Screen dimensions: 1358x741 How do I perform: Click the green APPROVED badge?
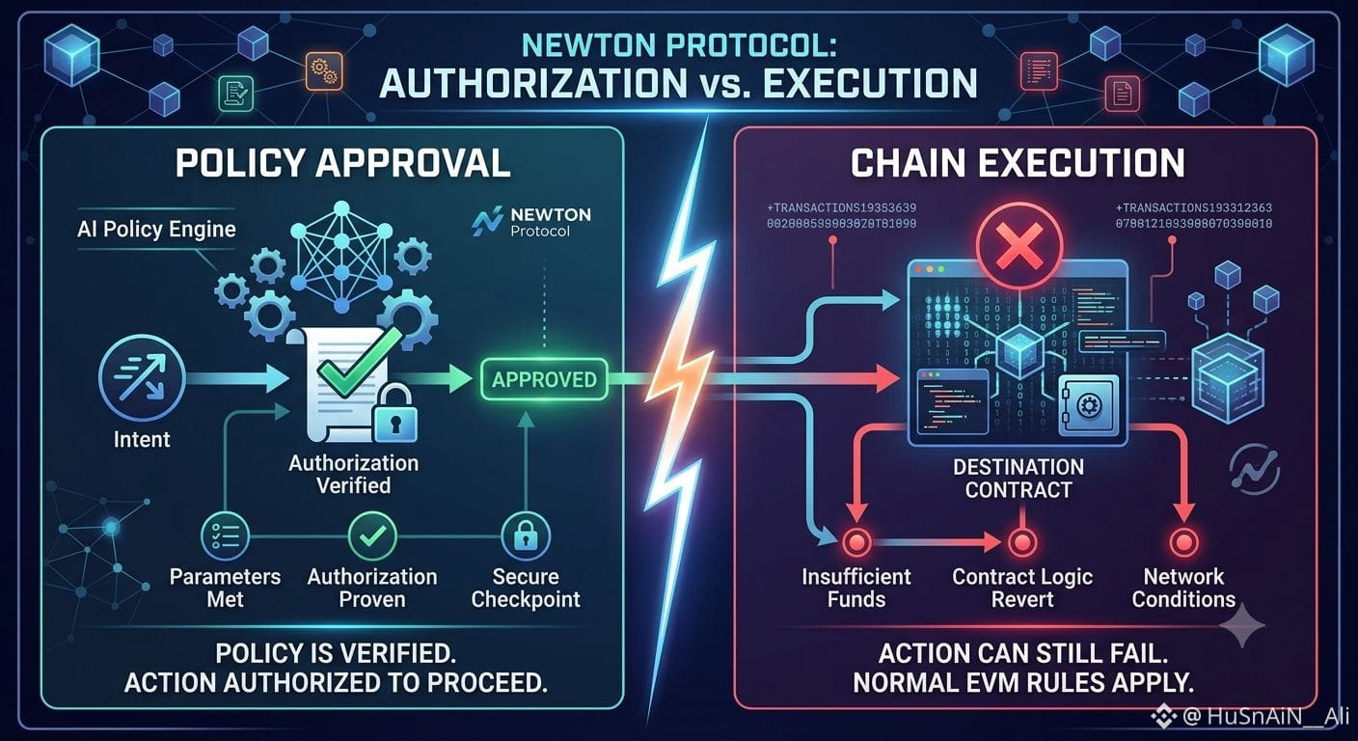coord(544,379)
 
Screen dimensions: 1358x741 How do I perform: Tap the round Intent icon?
coord(142,378)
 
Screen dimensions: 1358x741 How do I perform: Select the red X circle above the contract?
coord(1019,246)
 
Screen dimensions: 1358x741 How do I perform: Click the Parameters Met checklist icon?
coord(225,536)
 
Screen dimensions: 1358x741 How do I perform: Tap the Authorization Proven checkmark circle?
coord(372,536)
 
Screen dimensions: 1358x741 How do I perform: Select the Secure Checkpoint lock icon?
coord(526,536)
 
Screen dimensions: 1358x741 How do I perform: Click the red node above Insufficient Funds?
coord(856,541)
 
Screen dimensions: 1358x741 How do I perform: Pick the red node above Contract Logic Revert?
coord(1022,541)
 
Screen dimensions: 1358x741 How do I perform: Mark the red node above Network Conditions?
coord(1183,541)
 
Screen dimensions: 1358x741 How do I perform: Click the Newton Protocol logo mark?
coord(487,221)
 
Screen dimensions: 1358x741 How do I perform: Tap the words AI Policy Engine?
coord(156,230)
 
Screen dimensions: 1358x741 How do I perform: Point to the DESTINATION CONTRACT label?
coord(1018,478)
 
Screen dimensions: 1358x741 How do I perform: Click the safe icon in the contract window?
coord(1088,404)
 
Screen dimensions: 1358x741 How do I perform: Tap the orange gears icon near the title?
coord(324,71)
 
